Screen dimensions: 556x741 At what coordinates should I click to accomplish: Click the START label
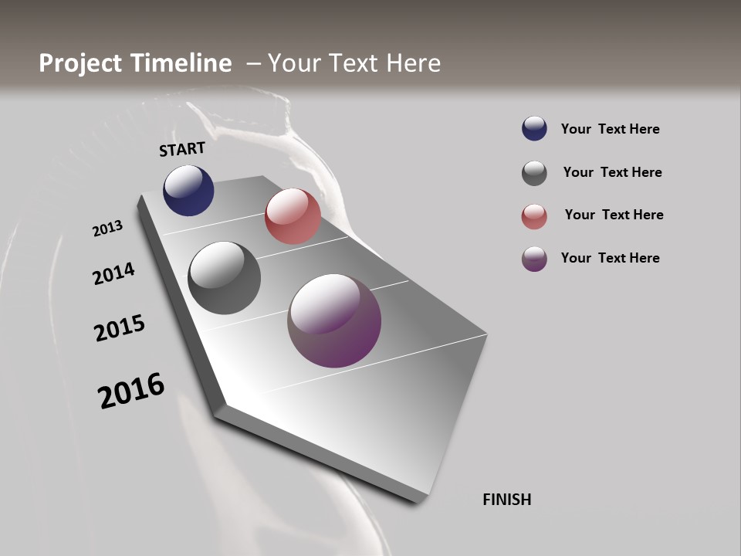pos(182,149)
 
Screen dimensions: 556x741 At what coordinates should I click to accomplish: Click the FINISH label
pos(507,500)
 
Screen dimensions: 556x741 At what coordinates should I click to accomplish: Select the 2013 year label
pos(107,229)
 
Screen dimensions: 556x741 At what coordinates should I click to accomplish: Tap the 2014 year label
pos(113,273)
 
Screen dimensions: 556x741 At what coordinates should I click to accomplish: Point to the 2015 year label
pos(120,327)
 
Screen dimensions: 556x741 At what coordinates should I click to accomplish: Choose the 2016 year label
pos(131,390)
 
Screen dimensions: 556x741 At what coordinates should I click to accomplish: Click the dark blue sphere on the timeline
pos(188,190)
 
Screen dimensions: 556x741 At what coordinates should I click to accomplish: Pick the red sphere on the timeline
pos(293,216)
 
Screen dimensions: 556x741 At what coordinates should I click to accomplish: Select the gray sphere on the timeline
pos(224,278)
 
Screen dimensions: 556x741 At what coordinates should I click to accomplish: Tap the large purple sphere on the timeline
pos(334,320)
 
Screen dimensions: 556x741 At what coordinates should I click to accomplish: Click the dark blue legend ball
pos(534,129)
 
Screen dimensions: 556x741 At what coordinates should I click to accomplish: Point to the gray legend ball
pos(534,173)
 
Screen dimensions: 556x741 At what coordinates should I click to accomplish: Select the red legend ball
pos(534,216)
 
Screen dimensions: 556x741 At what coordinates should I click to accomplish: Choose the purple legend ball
pos(534,259)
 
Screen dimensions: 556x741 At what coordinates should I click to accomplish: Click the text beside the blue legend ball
pos(610,130)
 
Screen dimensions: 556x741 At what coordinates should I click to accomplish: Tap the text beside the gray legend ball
pos(612,172)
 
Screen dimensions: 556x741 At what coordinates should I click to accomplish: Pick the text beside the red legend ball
pos(614,215)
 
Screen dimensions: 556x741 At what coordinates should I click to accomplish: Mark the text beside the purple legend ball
pos(610,258)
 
